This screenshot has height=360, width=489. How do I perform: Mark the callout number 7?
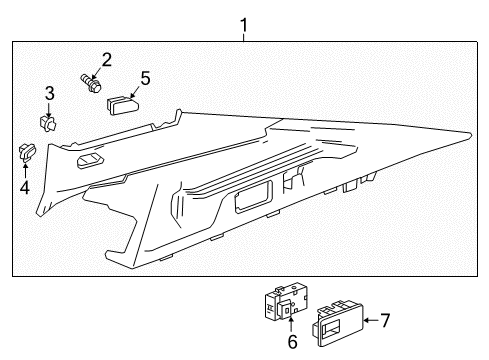pos(384,320)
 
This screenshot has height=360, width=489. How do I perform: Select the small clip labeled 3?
pos(48,122)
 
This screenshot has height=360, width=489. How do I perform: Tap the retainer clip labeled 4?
pos(25,152)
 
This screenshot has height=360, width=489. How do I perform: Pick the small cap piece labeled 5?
pos(122,103)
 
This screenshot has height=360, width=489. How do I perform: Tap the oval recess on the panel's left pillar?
pos(92,162)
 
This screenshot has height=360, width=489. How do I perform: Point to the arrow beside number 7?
pos(367,320)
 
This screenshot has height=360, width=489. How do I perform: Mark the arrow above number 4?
pos(24,169)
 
